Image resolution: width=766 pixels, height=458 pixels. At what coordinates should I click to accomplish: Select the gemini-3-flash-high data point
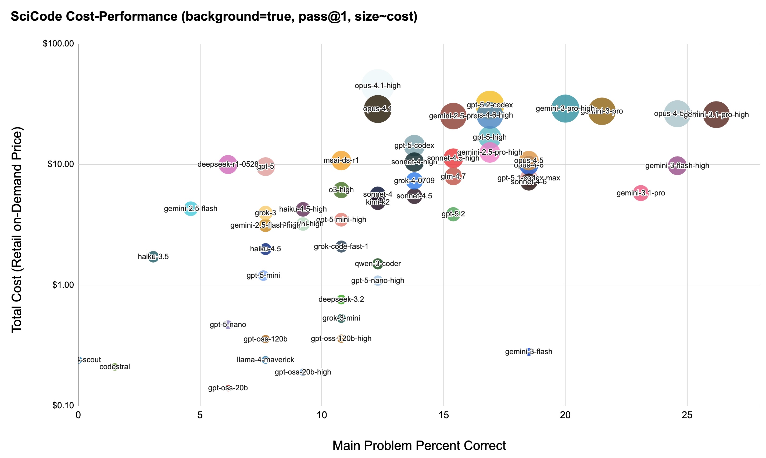(677, 166)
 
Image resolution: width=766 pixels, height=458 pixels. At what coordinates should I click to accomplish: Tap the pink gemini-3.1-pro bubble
(640, 193)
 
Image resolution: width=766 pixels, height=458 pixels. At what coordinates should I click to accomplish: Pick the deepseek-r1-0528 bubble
(228, 165)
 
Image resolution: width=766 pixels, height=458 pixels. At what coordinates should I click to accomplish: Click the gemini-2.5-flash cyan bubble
(191, 209)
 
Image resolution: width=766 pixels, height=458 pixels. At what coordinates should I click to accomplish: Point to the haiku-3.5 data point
(153, 257)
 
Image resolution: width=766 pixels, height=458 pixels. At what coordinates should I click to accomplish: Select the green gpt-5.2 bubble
(453, 214)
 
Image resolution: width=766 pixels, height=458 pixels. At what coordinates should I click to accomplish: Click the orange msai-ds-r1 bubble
(341, 161)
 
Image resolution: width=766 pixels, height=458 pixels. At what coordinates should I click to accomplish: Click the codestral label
(115, 367)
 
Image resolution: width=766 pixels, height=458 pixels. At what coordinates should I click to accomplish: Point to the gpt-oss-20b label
(228, 388)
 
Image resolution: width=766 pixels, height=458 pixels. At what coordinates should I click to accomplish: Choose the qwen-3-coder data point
(378, 264)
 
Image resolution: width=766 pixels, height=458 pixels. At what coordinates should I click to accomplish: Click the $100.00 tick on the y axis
(58, 44)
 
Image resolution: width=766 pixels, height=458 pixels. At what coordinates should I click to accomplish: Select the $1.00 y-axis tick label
(63, 285)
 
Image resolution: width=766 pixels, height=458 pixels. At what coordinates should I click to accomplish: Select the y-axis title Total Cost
(17, 230)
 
